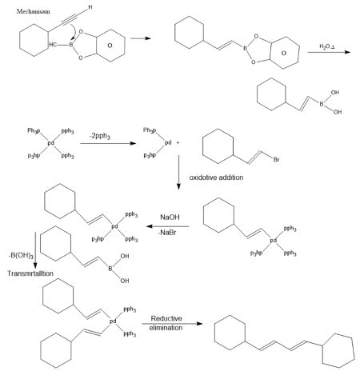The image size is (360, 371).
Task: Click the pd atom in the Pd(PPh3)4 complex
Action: point(51,144)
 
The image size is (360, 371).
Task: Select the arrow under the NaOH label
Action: point(168,225)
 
